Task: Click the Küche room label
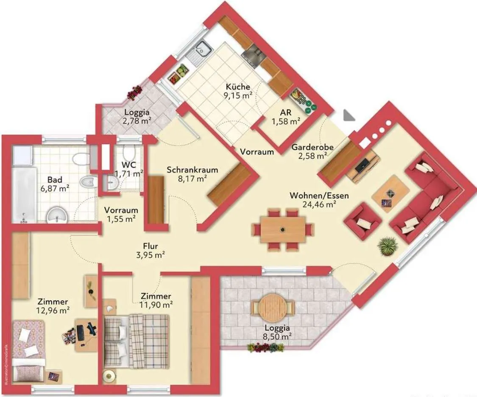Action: [x=238, y=87]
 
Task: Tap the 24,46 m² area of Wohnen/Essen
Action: [x=319, y=204]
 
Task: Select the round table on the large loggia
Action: [x=273, y=308]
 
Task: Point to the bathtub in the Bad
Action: [x=24, y=195]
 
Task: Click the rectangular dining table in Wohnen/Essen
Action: [x=283, y=229]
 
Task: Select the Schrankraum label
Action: [x=192, y=170]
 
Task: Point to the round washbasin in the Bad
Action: [x=57, y=215]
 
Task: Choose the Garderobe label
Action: [x=313, y=147]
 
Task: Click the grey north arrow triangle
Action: [x=349, y=116]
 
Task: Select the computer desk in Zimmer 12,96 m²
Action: [x=86, y=335]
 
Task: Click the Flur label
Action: [x=151, y=246]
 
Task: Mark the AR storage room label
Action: [x=286, y=112]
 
